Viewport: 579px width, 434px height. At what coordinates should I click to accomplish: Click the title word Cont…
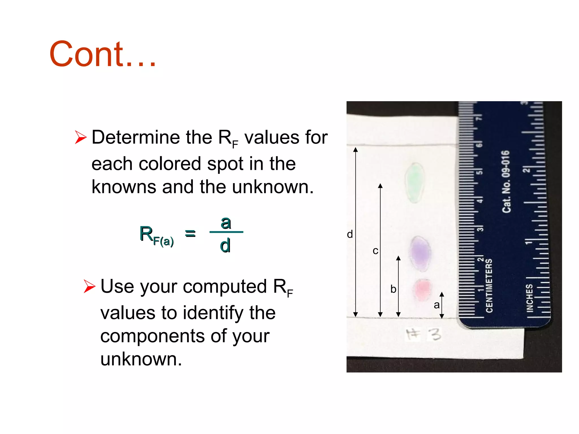[102, 54]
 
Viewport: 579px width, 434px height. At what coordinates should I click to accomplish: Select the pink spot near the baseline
[422, 289]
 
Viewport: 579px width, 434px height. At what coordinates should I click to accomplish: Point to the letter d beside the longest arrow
[350, 234]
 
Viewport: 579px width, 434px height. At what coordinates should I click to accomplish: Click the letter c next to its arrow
[375, 251]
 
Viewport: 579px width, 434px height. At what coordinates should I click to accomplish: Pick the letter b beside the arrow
[393, 289]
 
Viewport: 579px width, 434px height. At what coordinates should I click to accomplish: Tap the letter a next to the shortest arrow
[437, 305]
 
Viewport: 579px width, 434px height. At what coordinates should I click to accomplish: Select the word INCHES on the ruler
[530, 298]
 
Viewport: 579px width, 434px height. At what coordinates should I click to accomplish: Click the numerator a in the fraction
[226, 223]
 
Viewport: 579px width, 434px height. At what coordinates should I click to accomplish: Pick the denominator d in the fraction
[225, 245]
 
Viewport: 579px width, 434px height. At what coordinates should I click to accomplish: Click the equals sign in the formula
[190, 233]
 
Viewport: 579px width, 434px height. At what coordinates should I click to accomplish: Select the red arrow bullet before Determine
[81, 137]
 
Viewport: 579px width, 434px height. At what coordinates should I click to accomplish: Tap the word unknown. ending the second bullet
[141, 359]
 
